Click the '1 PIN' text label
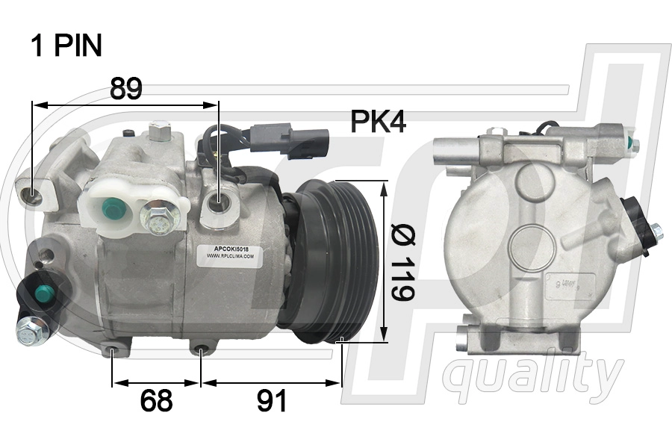pyautogui.click(x=66, y=46)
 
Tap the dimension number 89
pyautogui.click(x=125, y=89)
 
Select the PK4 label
pyautogui.click(x=378, y=122)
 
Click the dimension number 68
pyautogui.click(x=156, y=401)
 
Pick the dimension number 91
pyautogui.click(x=271, y=401)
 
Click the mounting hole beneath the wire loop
pyautogui.click(x=219, y=201)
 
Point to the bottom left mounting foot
pyautogui.click(x=113, y=348)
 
